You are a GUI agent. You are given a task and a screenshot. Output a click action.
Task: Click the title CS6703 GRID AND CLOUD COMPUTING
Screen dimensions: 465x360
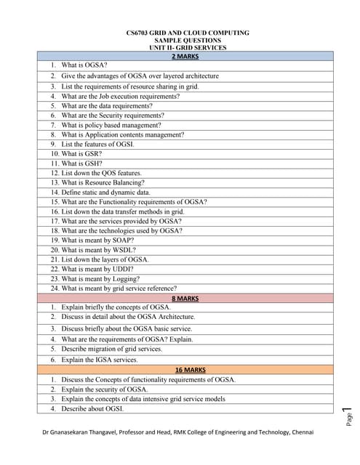(188, 33)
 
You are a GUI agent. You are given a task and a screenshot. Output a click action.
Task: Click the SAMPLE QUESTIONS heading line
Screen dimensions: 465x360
(188, 40)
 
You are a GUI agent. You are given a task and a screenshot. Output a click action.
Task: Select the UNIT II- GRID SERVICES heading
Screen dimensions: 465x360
(188, 47)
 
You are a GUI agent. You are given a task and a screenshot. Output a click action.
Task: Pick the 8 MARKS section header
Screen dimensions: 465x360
(185, 298)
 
